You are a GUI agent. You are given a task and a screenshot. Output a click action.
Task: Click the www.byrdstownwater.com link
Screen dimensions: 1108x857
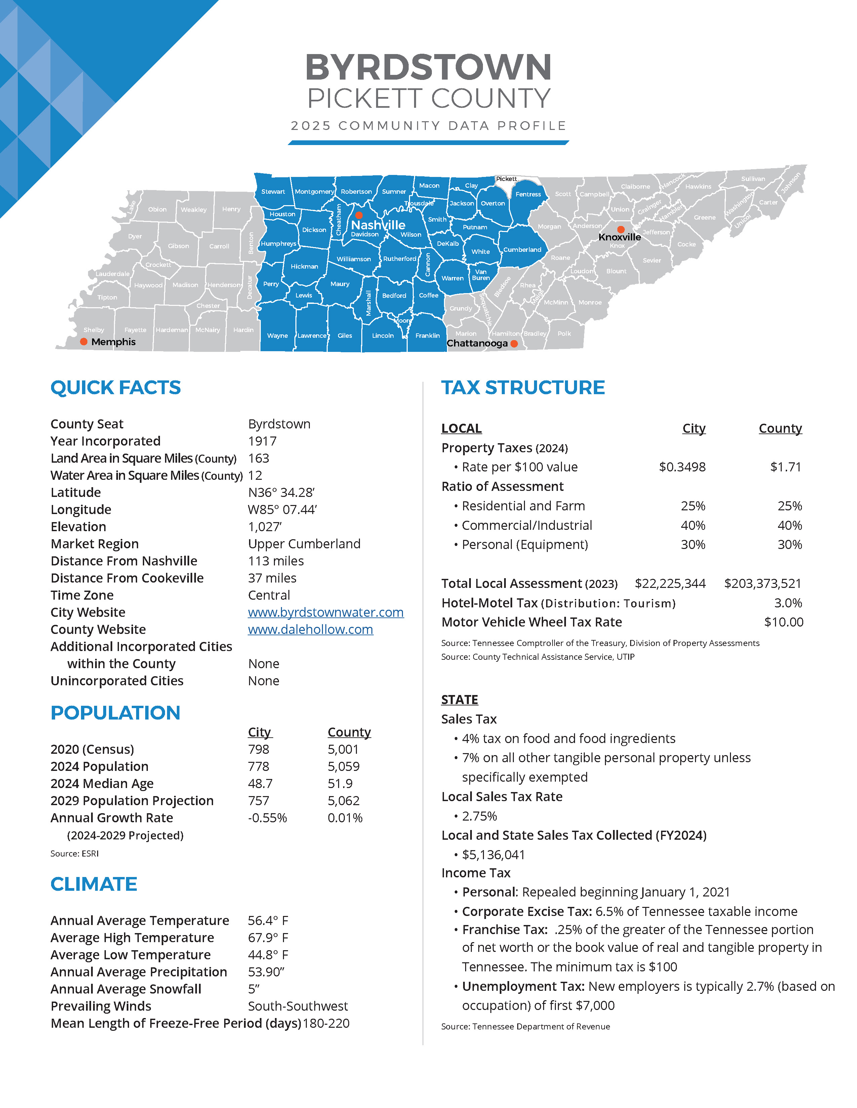coord(325,612)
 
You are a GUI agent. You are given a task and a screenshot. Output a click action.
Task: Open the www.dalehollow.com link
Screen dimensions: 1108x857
coord(310,630)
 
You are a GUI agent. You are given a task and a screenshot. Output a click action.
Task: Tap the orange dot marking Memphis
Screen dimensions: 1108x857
coord(84,341)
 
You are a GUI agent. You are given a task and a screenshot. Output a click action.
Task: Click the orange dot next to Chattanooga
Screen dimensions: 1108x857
coord(514,343)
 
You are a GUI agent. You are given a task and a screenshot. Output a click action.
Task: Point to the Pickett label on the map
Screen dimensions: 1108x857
coord(506,179)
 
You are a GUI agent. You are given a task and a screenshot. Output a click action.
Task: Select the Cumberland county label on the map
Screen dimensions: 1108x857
coord(522,249)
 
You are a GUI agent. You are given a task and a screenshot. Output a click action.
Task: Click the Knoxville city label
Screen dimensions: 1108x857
coord(619,237)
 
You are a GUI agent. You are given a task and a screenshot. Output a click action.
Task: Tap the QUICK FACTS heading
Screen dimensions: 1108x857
coord(115,387)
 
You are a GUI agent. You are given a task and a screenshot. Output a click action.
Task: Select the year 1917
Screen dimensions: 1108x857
coord(262,442)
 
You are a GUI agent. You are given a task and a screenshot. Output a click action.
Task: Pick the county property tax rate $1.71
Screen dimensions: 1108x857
coord(785,467)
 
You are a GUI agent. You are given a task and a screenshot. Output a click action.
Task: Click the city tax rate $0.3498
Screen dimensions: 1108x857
coord(682,467)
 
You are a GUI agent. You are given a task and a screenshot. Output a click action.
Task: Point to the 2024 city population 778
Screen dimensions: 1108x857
coord(258,767)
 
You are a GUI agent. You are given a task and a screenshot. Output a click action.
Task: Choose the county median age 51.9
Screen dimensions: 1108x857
coord(340,784)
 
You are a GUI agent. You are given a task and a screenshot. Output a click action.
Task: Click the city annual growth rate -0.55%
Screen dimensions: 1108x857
coord(267,818)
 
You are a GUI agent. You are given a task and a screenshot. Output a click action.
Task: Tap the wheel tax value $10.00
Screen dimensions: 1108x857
coord(783,622)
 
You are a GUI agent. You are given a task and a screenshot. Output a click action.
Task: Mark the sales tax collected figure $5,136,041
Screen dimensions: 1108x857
coord(493,855)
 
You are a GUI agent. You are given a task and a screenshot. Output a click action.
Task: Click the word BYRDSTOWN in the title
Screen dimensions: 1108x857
coord(428,67)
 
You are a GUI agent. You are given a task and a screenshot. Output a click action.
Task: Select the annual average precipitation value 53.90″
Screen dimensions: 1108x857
coord(266,972)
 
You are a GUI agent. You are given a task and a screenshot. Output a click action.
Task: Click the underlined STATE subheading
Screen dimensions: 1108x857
coord(459,700)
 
